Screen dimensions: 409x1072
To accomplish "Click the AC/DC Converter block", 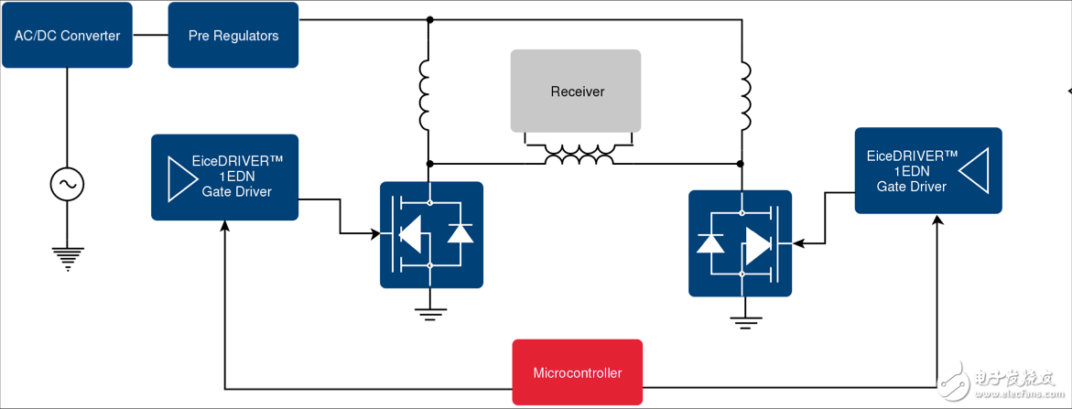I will coord(67,36).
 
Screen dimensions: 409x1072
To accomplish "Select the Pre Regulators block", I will coord(233,36).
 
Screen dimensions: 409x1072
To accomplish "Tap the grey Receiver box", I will coord(576,91).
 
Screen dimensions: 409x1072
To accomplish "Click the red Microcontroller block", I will coord(577,372).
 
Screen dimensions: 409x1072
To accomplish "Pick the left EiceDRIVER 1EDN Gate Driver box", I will coord(224,177).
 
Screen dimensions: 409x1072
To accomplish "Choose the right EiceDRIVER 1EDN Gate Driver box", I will coord(927,171).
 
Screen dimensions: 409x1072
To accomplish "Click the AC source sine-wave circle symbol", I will coord(67,185).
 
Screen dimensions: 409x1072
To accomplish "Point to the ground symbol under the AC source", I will coord(67,257).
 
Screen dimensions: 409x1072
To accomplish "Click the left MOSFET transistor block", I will coord(431,235).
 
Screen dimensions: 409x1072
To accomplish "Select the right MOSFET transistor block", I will coord(740,242).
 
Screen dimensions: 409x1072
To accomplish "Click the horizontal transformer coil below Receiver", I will coord(579,156).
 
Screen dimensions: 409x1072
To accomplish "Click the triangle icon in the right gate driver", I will coord(977,171).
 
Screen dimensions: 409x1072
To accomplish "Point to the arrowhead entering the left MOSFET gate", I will coord(375,233).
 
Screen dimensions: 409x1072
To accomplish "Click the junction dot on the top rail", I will coord(429,19).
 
